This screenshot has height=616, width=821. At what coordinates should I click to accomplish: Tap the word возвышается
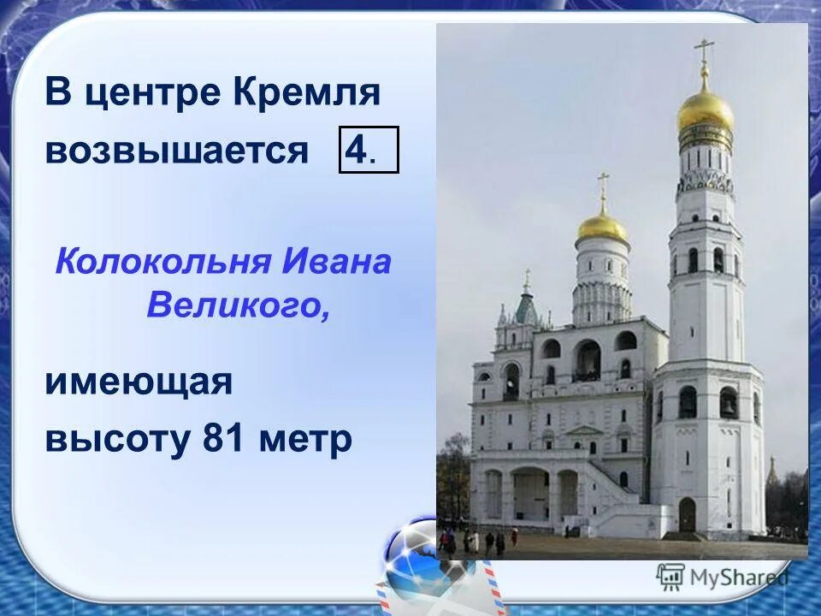(x=176, y=151)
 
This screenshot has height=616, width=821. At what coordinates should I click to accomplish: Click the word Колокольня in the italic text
(x=162, y=262)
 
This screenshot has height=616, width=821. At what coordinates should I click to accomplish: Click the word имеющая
(x=139, y=382)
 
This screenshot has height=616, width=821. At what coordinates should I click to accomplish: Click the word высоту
(x=118, y=440)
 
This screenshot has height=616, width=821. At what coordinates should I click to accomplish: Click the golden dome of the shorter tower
(x=602, y=227)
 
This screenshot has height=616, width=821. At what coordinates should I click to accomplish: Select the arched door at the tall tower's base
(x=687, y=514)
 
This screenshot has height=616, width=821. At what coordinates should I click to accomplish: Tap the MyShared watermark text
(x=736, y=577)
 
